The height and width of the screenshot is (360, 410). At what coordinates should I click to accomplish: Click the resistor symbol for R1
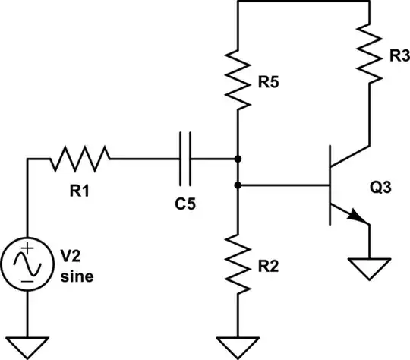click(80, 159)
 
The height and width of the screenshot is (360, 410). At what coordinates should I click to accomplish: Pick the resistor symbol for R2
click(238, 262)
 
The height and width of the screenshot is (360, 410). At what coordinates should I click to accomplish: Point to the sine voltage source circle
click(27, 266)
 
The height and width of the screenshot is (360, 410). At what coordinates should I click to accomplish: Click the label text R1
click(80, 191)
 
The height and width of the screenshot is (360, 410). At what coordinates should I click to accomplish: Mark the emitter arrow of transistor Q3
click(358, 218)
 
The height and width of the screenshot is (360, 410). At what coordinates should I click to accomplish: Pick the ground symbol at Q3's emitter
click(369, 267)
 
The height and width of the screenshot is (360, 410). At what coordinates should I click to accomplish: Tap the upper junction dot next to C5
click(238, 159)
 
